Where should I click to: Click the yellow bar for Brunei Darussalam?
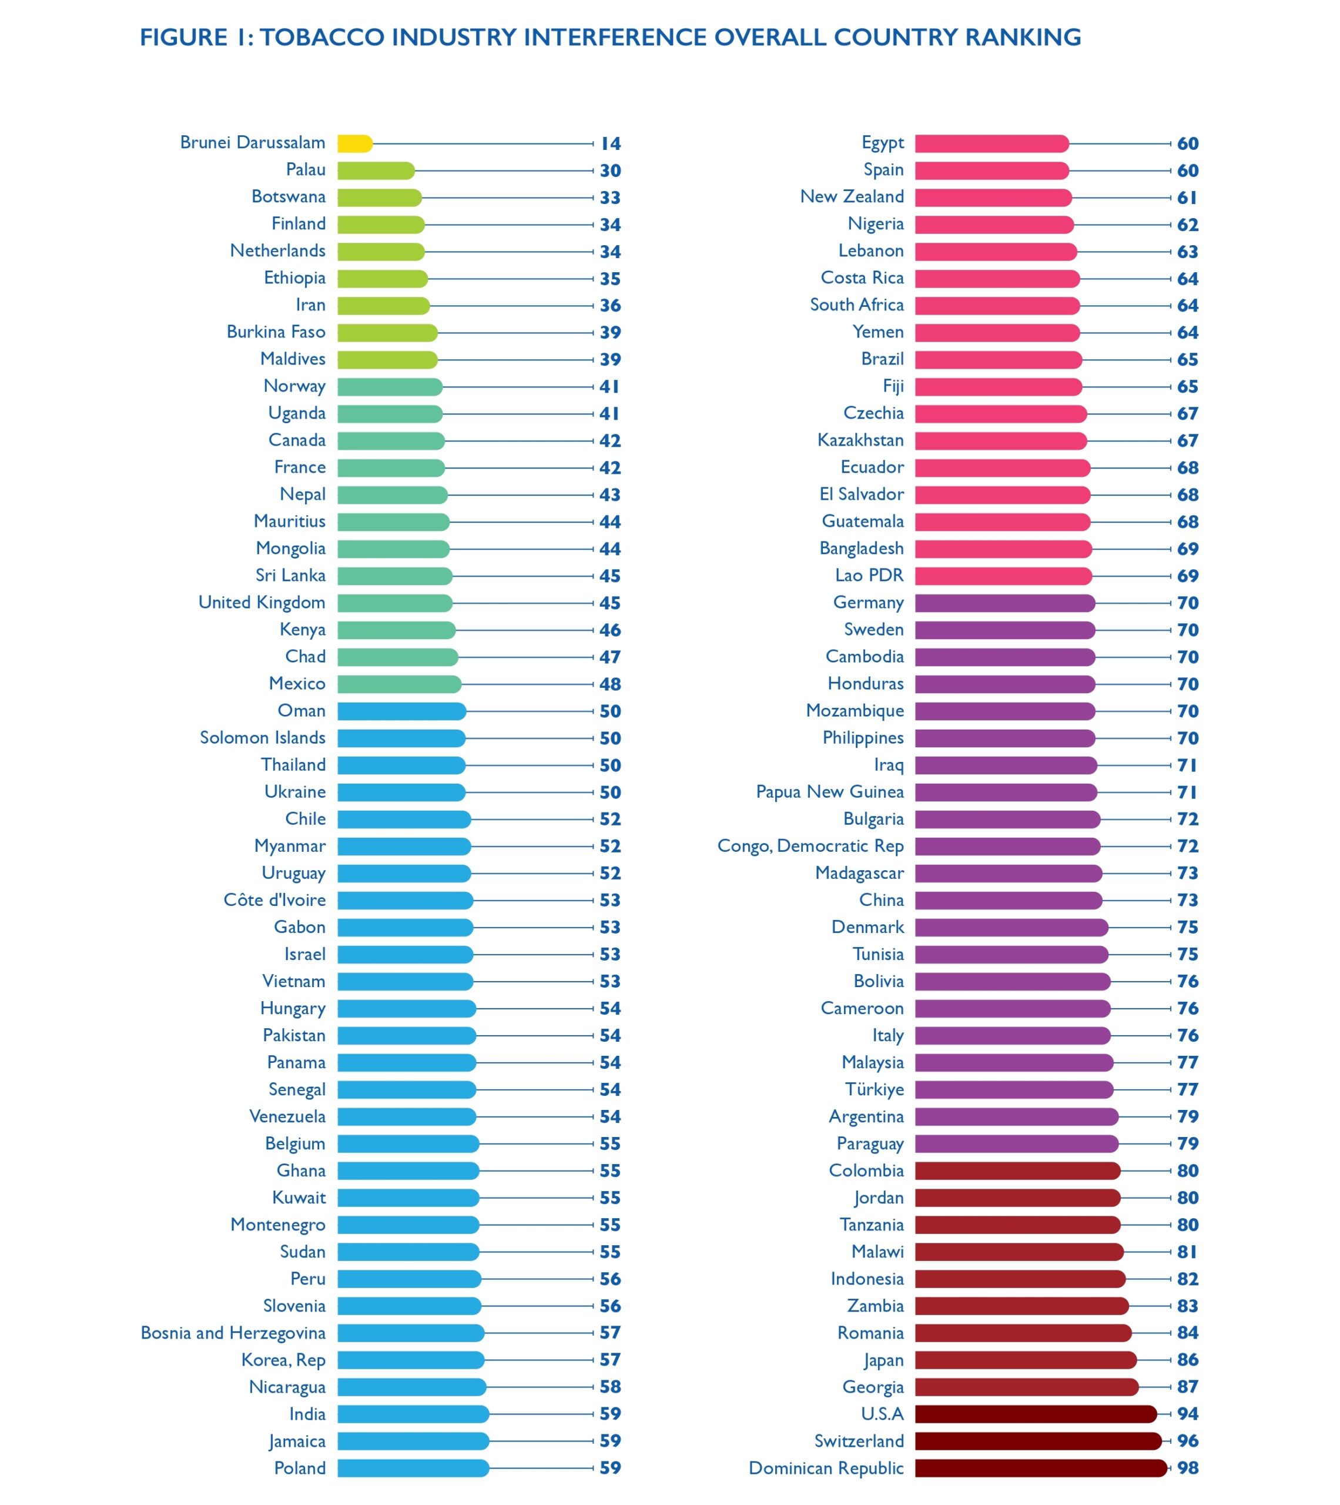point(355,143)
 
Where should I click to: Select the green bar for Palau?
point(376,171)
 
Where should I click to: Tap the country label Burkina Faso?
point(276,332)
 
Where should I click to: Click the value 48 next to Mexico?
point(609,684)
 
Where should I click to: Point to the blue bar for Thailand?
point(401,765)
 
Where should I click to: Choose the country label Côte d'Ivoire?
point(274,899)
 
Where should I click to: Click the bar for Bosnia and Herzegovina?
point(411,1333)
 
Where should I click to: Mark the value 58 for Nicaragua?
point(609,1386)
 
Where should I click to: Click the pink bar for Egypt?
point(991,143)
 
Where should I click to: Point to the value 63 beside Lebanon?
point(1188,252)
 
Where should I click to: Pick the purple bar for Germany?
point(1005,603)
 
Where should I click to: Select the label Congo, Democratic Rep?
point(810,846)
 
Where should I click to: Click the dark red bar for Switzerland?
point(1038,1441)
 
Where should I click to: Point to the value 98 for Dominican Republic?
point(1188,1468)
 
